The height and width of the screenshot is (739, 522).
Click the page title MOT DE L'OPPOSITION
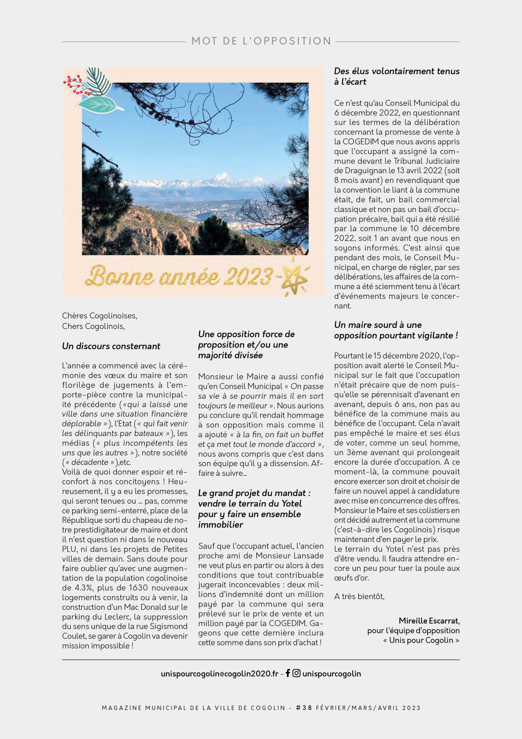coord(261,41)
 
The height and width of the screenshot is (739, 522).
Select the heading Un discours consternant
coord(111,346)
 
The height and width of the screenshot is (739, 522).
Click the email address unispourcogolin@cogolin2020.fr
coord(219,674)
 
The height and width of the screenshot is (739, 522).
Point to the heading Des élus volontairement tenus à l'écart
coord(397,76)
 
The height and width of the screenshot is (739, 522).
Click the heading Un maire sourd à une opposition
coord(396,330)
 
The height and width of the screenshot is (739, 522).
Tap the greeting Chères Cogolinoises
coord(100,316)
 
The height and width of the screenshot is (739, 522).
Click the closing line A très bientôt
coord(359,596)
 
